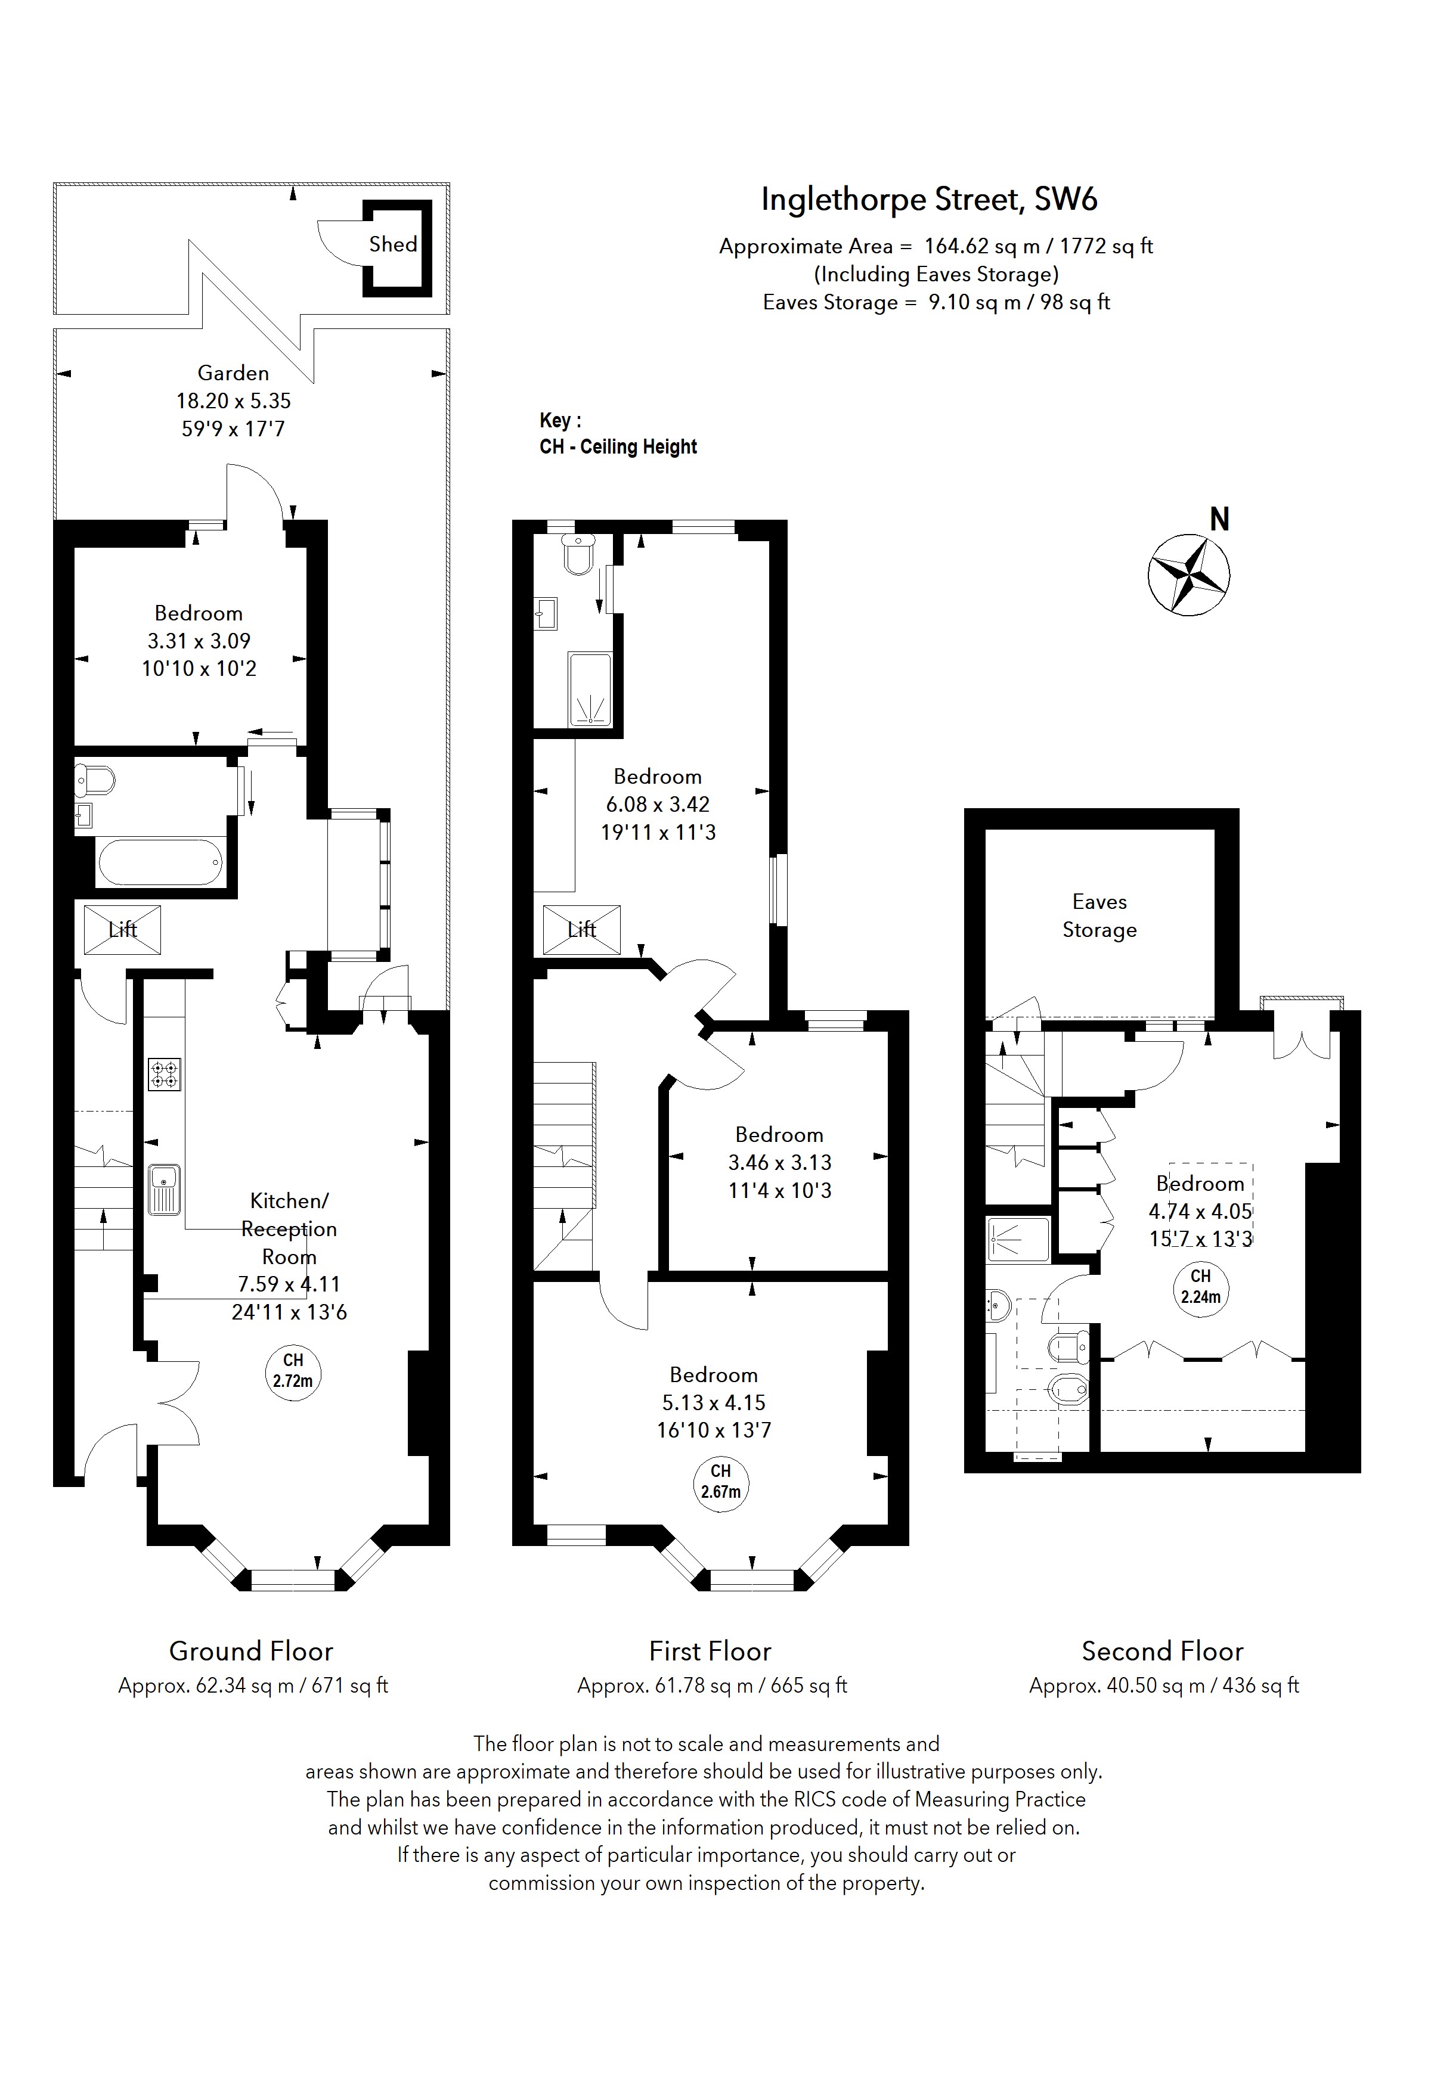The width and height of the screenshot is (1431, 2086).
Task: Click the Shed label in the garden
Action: (x=392, y=244)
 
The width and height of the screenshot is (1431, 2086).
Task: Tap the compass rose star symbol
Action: (x=1188, y=575)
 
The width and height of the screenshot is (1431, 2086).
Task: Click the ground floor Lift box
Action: (x=122, y=929)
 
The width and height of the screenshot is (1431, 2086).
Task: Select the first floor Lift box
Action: (x=582, y=929)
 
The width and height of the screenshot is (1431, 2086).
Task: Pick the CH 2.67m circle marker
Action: (x=720, y=1482)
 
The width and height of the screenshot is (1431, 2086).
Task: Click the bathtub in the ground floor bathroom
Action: (x=160, y=862)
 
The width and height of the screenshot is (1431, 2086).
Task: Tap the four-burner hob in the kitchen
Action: (x=165, y=1075)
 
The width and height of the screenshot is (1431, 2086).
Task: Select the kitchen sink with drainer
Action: (x=165, y=1189)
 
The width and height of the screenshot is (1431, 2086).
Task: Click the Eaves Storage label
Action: (x=1099, y=915)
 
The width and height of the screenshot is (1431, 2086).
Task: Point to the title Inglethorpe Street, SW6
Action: (x=928, y=198)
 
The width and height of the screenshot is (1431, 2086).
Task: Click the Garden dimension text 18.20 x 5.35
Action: (x=233, y=401)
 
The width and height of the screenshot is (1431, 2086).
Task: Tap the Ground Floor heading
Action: (x=252, y=1651)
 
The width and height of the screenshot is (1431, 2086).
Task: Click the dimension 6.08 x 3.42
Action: (x=657, y=804)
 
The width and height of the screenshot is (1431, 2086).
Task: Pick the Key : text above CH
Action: (x=560, y=420)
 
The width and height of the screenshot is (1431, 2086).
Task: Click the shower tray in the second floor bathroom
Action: (x=1017, y=1240)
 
